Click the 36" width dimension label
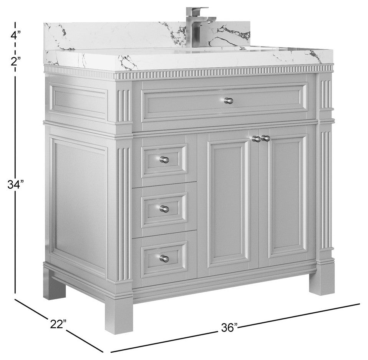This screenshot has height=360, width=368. pos(229,327)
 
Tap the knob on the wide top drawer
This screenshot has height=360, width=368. pos(228,100)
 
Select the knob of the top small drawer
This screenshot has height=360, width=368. pos(164,160)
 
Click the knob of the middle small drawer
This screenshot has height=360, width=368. pos(164,209)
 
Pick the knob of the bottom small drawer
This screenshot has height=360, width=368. pos(164,258)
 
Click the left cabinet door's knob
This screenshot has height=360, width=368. pos(256,139)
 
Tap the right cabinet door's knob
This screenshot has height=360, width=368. pos(265,138)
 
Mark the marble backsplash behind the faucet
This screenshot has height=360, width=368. pos(147,36)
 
